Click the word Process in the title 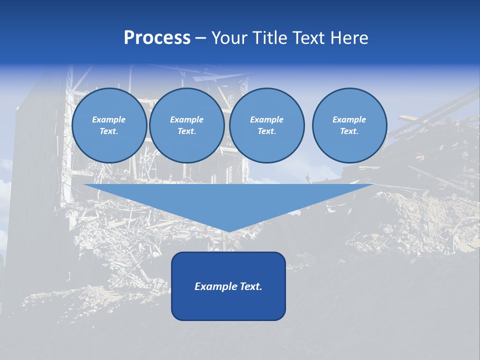click(x=157, y=38)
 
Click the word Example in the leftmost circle click(x=109, y=119)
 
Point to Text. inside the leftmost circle click(x=109, y=131)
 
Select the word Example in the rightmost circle click(x=349, y=119)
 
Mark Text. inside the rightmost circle click(x=349, y=131)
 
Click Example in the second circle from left click(x=187, y=119)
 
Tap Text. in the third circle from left click(x=267, y=131)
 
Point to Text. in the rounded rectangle click(x=250, y=286)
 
